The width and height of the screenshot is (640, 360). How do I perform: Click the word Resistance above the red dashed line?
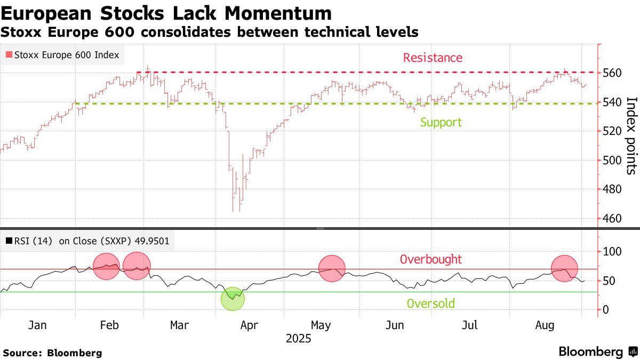433,58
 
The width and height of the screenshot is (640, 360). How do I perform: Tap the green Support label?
441,122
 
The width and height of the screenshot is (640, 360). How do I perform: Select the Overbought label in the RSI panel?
431,260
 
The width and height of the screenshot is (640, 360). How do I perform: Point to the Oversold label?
431,303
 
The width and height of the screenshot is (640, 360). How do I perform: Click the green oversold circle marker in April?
233,298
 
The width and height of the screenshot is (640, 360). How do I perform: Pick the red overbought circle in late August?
564,268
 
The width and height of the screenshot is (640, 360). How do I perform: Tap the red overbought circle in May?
332,268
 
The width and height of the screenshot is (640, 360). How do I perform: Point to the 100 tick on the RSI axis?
612,251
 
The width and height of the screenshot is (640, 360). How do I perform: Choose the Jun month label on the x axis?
395,325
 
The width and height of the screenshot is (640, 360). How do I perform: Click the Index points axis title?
631,135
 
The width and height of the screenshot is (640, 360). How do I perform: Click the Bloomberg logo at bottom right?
597,351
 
